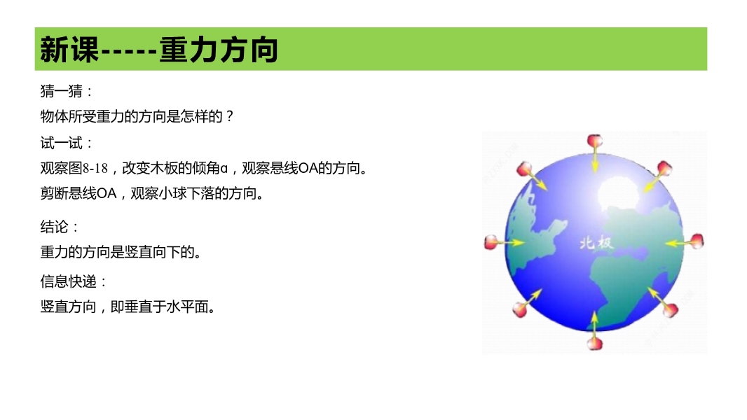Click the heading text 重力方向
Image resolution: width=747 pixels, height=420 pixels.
[218, 50]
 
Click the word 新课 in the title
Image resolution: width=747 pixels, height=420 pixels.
[69, 50]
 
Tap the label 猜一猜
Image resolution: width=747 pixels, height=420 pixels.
[62, 91]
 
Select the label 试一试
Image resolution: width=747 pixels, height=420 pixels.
[62, 143]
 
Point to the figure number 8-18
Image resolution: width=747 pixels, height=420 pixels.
[95, 169]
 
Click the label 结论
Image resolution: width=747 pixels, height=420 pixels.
[55, 227]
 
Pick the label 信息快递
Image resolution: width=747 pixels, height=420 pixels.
[69, 281]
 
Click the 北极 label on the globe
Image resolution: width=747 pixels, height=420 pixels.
[596, 243]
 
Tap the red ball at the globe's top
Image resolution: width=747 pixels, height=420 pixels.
[594, 141]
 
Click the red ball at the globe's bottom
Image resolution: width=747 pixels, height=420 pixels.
[594, 344]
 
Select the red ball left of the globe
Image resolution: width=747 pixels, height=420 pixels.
[491, 242]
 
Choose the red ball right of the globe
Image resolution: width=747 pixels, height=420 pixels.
[697, 241]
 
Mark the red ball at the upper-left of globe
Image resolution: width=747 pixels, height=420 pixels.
[524, 169]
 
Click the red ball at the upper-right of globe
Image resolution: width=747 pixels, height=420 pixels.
[664, 168]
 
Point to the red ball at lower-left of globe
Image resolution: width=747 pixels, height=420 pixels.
[520, 309]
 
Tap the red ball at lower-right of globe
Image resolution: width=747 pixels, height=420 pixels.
[671, 309]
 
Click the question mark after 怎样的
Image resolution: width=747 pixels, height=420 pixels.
[230, 116]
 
